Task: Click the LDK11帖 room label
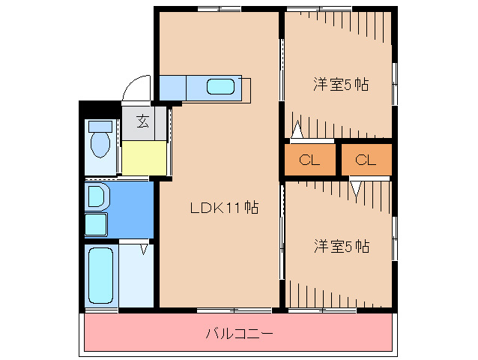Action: [223, 208]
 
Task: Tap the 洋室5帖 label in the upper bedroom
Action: [340, 84]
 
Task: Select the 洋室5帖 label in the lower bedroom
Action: [341, 244]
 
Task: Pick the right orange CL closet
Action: [366, 159]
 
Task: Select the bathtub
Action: [100, 274]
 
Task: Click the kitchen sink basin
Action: [221, 86]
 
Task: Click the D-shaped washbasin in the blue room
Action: [97, 197]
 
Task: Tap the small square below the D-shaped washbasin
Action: [96, 223]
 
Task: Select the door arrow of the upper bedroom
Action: [298, 130]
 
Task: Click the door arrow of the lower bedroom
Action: [355, 188]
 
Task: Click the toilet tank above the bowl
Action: [100, 125]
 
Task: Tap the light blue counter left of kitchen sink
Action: [172, 87]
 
